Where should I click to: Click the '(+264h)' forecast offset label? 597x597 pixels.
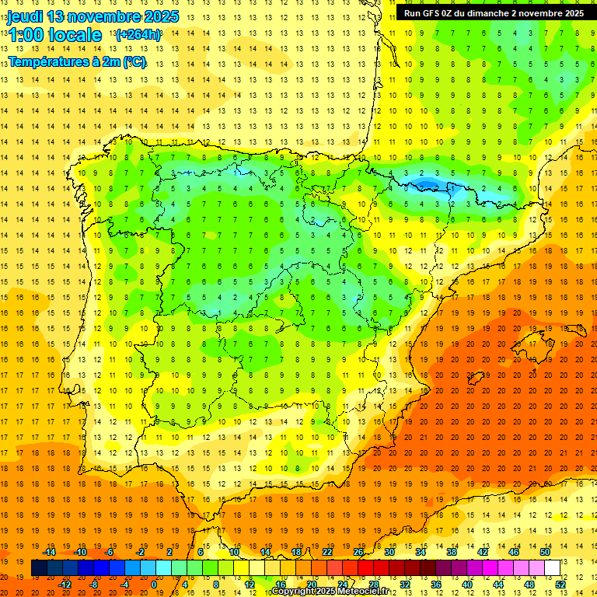pos(138,35)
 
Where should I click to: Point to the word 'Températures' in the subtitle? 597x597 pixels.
pos(48,61)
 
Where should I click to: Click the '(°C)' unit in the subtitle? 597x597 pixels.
pos(134,61)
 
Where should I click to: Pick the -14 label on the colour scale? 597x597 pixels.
pos(50,552)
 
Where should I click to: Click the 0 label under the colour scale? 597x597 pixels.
pos(154,584)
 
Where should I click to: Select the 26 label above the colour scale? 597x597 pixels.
pos(358,552)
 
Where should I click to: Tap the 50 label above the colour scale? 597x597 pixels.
pos(544,552)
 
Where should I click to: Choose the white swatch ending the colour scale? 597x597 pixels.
pos(552,567)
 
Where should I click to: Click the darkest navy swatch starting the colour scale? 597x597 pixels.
pos(39,567)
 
